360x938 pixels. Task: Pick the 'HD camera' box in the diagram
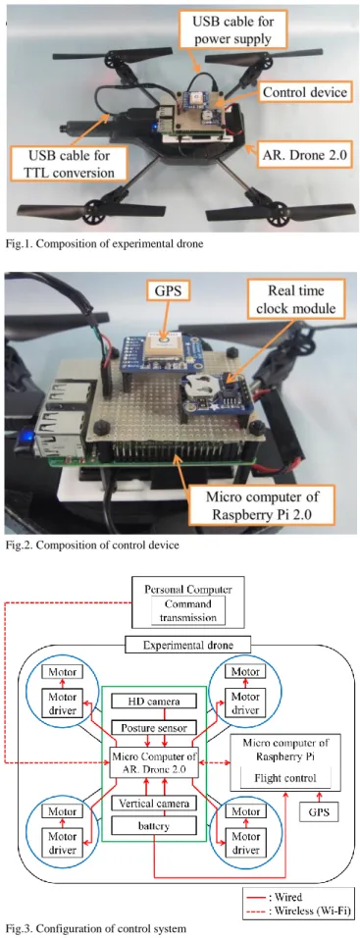pos(154,701)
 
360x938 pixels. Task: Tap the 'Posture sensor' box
pos(154,728)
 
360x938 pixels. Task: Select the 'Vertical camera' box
pos(154,804)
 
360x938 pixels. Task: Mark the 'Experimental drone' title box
pos(188,645)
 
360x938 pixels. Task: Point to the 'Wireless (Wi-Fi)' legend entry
pos(301,912)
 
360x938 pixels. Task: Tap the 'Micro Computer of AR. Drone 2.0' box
pos(154,762)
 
